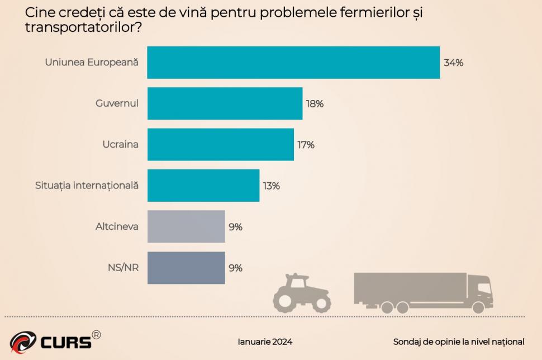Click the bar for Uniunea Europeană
coord(293,63)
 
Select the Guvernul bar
coord(225,103)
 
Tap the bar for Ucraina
coord(220,144)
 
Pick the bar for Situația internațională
coord(203,186)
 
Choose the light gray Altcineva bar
coord(186,226)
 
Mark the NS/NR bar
coord(186,268)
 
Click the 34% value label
coord(453,63)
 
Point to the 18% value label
coord(315,104)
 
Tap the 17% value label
coord(306,145)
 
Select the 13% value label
coord(271,186)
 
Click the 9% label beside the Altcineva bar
coord(235,227)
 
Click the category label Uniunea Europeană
coord(91,63)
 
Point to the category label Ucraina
coord(120,144)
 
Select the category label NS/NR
coord(123,267)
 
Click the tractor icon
coord(302,293)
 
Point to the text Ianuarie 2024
coord(265,342)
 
